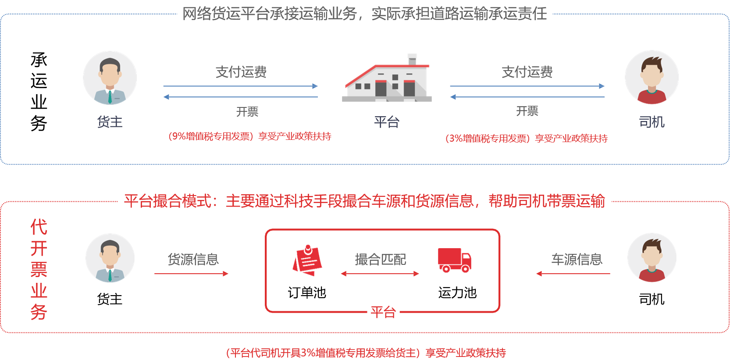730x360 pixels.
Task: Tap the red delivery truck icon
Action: [454, 260]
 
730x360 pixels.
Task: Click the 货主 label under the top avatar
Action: [110, 121]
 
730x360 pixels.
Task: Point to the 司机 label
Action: [652, 121]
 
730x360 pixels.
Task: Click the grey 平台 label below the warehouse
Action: [387, 121]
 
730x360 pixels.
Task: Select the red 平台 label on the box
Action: [383, 312]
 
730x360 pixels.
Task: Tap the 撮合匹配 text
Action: [380, 260]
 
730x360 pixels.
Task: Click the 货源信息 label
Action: [193, 260]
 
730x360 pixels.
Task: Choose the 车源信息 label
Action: [577, 260]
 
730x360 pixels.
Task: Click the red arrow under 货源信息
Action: [192, 274]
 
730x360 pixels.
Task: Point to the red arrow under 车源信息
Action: [573, 274]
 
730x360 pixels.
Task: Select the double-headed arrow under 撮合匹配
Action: [380, 274]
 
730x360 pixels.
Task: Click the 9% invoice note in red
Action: [250, 136]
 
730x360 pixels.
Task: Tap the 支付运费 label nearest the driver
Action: [527, 72]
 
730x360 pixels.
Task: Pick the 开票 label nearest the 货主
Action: [247, 112]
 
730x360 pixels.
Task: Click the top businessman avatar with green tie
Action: [110, 78]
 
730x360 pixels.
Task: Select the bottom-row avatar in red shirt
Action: [652, 258]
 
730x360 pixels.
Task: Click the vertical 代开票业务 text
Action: [39, 269]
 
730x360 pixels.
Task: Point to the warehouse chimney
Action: [412, 59]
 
